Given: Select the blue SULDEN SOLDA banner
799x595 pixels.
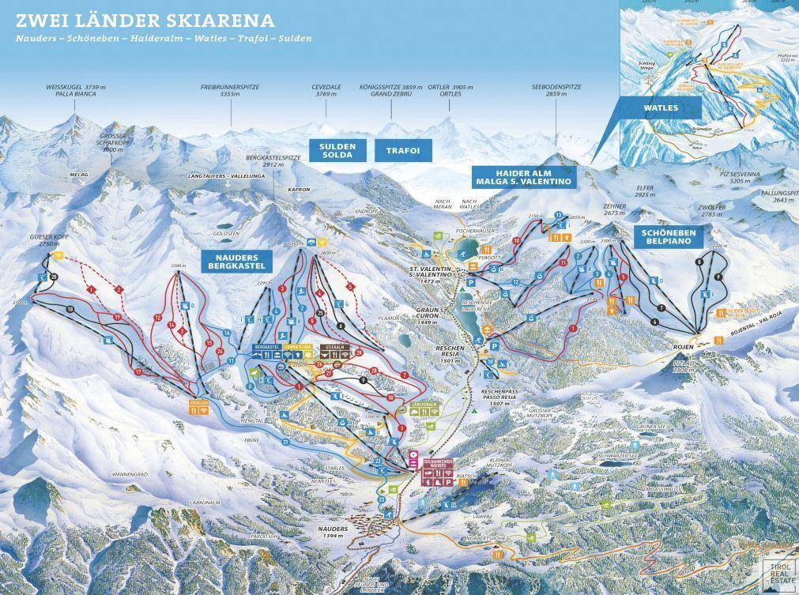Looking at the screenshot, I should tap(337, 150).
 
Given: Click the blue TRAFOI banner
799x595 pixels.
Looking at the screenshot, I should tap(402, 150).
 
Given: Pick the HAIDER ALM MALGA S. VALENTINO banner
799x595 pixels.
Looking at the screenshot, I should tap(523, 177).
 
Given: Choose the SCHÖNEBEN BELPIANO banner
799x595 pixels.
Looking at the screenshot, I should tap(668, 235).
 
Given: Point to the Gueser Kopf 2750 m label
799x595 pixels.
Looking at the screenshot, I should tap(44, 241).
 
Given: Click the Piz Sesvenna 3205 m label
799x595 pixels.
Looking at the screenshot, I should tap(742, 177).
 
